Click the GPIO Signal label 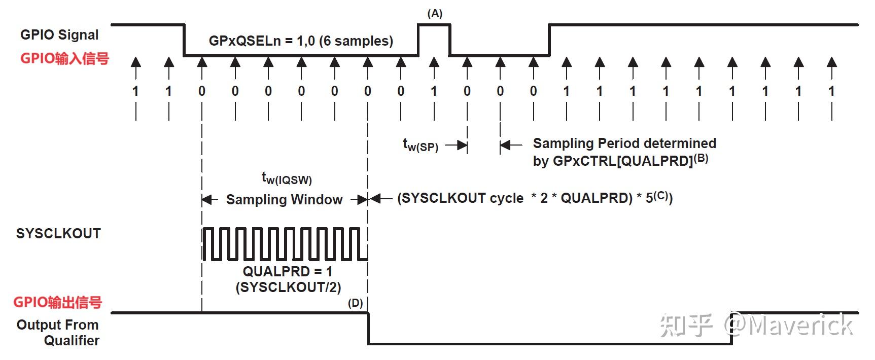(59, 34)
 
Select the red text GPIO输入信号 (64, 58)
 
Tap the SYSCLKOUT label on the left (58, 233)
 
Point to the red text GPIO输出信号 (58, 302)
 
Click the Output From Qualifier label (58, 332)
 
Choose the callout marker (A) (435, 14)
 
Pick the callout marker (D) (355, 303)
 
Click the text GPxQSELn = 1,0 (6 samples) (301, 41)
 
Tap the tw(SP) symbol (421, 146)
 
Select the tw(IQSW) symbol (287, 178)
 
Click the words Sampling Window (284, 199)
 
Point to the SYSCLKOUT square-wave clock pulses (285, 244)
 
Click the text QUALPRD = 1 (288, 271)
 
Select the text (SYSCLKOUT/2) (288, 287)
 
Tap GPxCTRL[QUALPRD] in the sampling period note (623, 161)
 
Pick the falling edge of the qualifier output (368, 329)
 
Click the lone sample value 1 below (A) (434, 91)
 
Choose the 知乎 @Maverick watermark (756, 325)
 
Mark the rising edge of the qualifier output (732, 329)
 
